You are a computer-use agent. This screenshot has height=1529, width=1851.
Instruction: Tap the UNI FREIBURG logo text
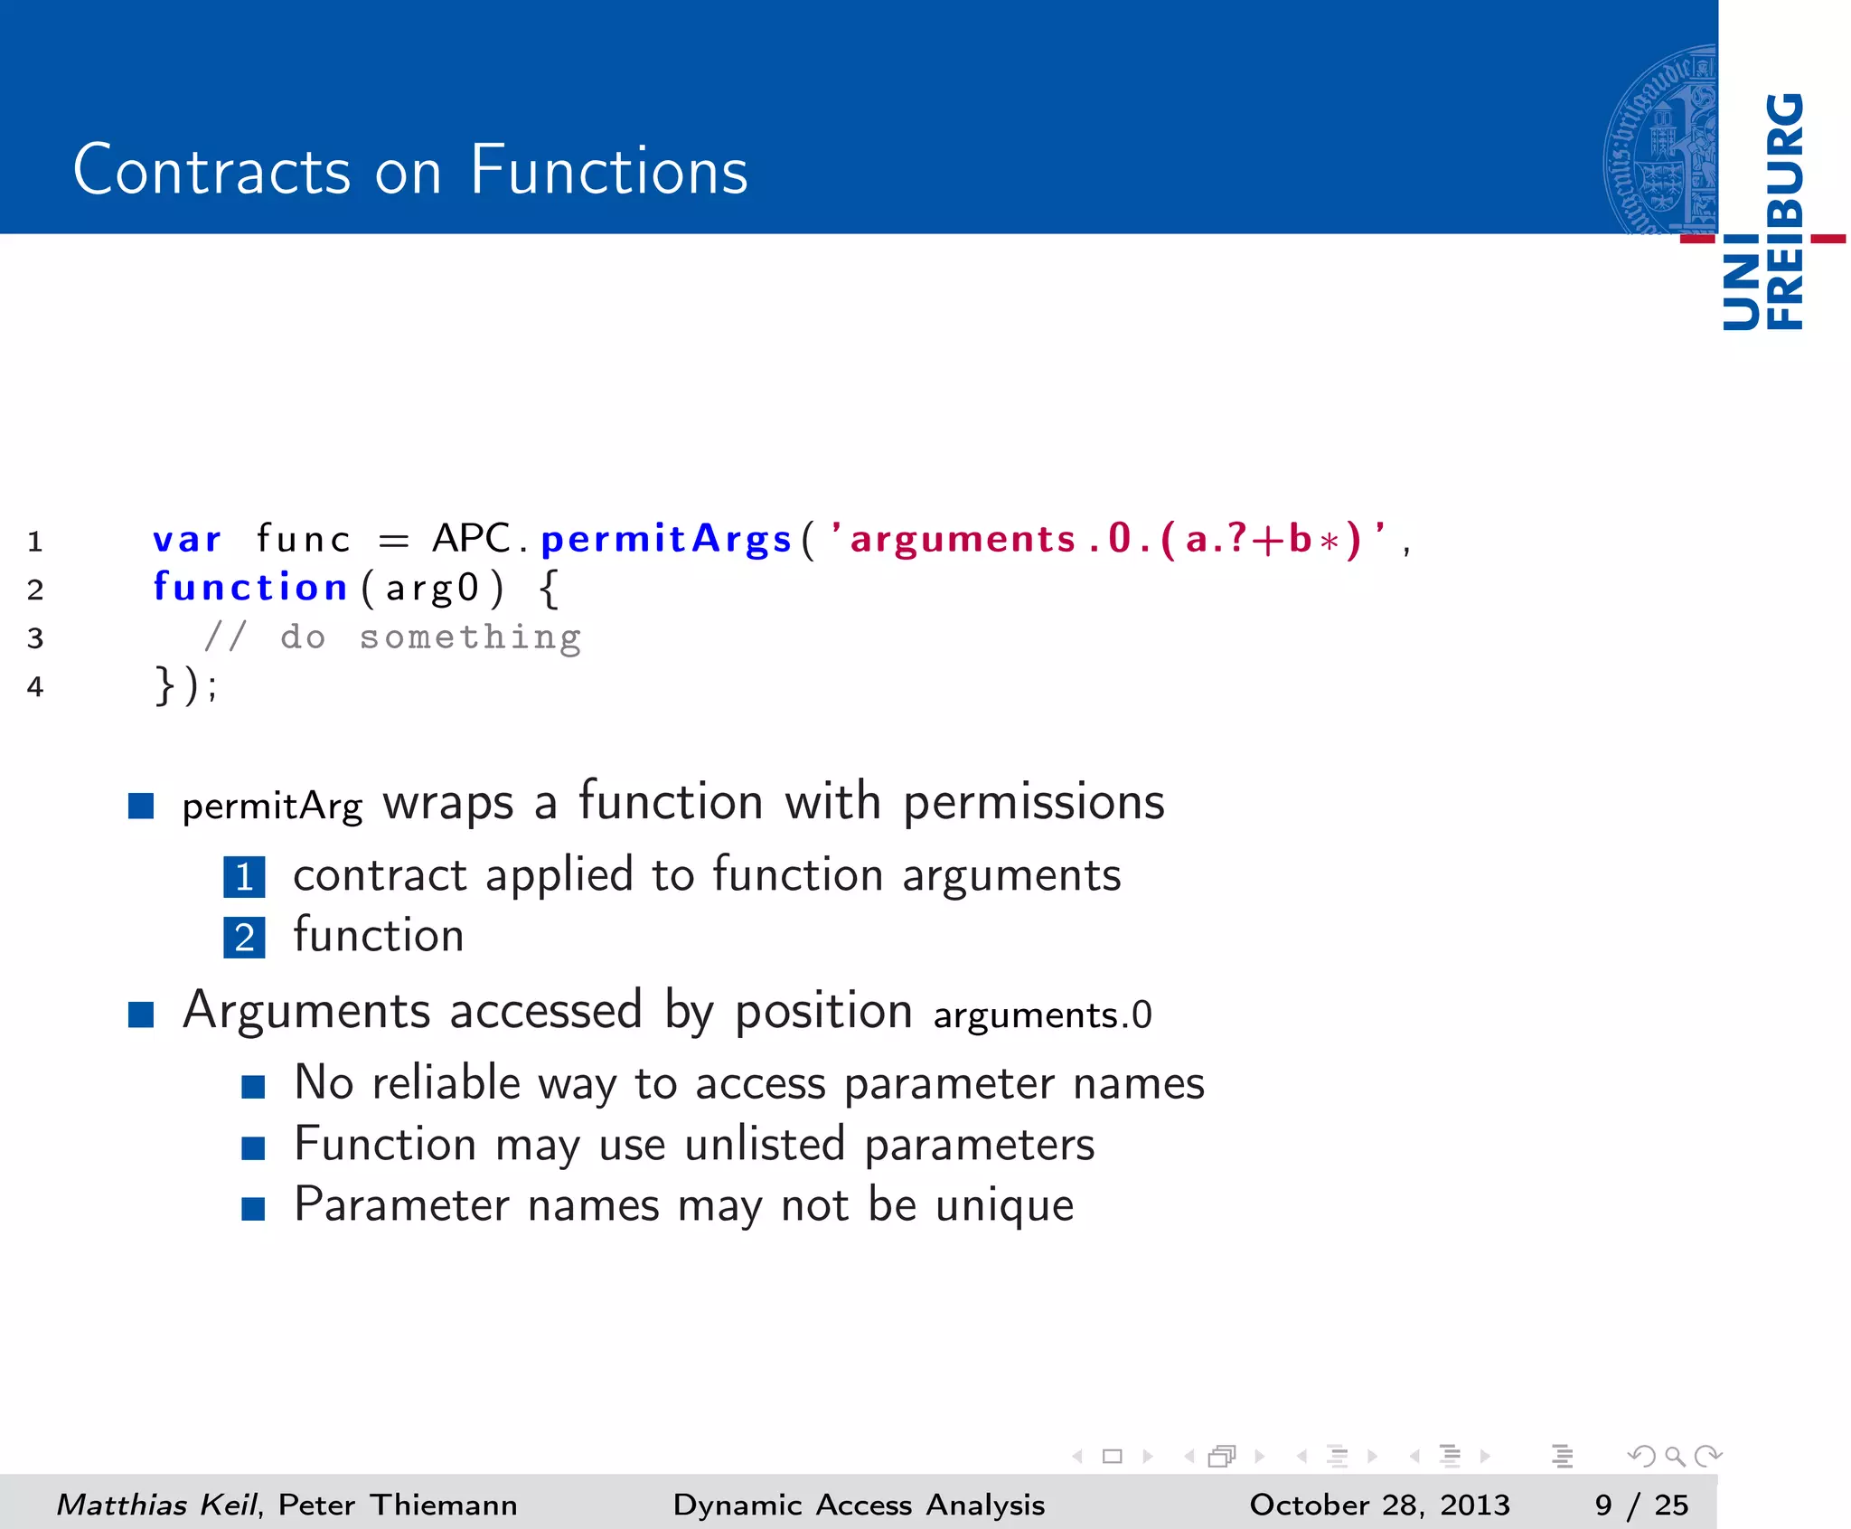click(x=1763, y=212)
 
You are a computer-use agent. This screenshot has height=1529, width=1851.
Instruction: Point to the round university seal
click(x=1660, y=140)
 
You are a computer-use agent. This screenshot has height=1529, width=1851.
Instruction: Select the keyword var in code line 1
click(x=186, y=540)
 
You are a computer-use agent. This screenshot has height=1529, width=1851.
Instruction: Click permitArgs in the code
click(x=666, y=540)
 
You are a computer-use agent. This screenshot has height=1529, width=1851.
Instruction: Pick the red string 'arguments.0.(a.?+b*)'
click(x=1107, y=540)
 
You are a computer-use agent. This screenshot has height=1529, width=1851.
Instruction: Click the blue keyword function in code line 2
click(x=249, y=588)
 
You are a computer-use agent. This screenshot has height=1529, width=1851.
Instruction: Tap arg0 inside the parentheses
click(x=432, y=589)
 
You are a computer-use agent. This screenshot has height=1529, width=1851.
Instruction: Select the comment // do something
click(x=392, y=637)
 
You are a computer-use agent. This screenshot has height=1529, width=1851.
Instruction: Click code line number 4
click(x=35, y=687)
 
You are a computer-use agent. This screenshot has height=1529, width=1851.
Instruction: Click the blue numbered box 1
click(x=244, y=877)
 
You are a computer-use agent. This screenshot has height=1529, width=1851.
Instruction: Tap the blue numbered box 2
click(x=244, y=938)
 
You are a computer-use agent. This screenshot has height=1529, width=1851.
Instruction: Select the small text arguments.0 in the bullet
click(x=1042, y=1015)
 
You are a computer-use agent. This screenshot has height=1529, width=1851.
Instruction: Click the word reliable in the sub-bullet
click(x=446, y=1083)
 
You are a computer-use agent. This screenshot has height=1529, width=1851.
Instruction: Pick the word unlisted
click(x=765, y=1145)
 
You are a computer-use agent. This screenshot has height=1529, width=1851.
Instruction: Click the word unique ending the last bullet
click(x=1004, y=1205)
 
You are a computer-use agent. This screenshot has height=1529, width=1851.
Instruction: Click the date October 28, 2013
click(x=1379, y=1504)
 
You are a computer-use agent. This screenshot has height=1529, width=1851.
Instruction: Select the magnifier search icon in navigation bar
click(x=1674, y=1456)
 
